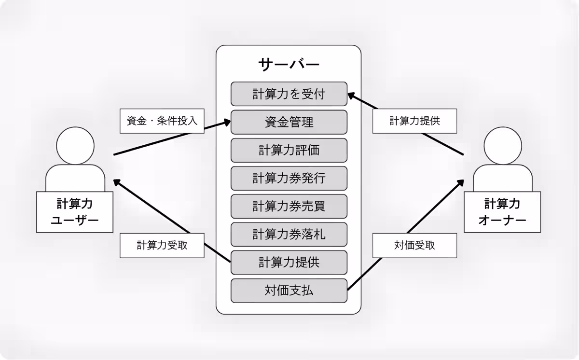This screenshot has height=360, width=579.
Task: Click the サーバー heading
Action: coord(289,64)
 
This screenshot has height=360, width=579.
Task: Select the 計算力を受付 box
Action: coord(289,94)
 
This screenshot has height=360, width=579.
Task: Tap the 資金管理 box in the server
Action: coord(289,122)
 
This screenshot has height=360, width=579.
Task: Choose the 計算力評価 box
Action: coord(289,150)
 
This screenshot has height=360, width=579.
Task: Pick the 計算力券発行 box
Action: coord(289,178)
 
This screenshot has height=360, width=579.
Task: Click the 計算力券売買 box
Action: coord(289,206)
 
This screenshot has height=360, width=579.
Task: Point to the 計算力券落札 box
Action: coord(289,234)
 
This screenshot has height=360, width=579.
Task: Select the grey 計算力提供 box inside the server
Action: coord(289,262)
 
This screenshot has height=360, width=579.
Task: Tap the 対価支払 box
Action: coord(289,290)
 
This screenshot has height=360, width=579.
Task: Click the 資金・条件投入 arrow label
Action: coord(162,121)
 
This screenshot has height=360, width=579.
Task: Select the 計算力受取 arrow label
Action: coord(162,245)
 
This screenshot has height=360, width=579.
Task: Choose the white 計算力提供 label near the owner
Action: coord(414,121)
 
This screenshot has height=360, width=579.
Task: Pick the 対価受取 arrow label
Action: coord(414,245)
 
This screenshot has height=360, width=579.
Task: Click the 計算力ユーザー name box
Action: coord(75,212)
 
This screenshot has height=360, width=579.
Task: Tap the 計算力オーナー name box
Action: coord(502,212)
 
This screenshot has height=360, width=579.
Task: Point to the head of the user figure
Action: coord(75,145)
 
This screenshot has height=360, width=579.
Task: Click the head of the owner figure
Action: coord(502,145)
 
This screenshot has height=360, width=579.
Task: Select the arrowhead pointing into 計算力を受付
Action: coord(352,96)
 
